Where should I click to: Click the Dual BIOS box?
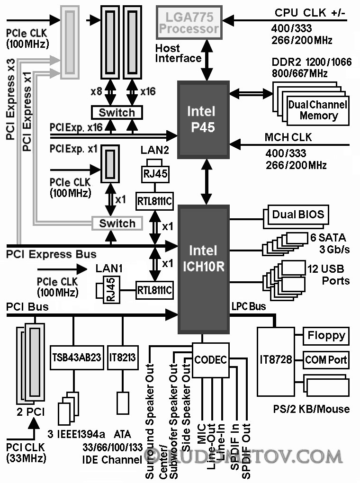point(298,215)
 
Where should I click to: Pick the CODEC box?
point(210,359)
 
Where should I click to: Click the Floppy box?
point(326,336)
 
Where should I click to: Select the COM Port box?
point(326,359)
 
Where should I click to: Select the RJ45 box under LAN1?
point(110,289)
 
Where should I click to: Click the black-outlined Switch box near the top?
point(117,112)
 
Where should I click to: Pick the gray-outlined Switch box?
point(117,223)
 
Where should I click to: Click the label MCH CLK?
point(288,138)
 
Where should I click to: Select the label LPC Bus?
point(248,307)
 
